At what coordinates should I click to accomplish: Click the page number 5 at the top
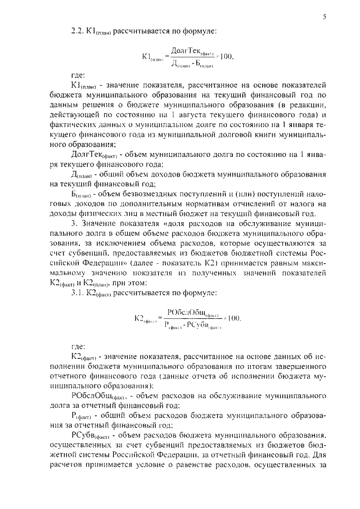click(325, 17)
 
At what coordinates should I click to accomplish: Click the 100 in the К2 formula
click(232, 319)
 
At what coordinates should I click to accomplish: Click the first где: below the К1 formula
click(78, 74)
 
